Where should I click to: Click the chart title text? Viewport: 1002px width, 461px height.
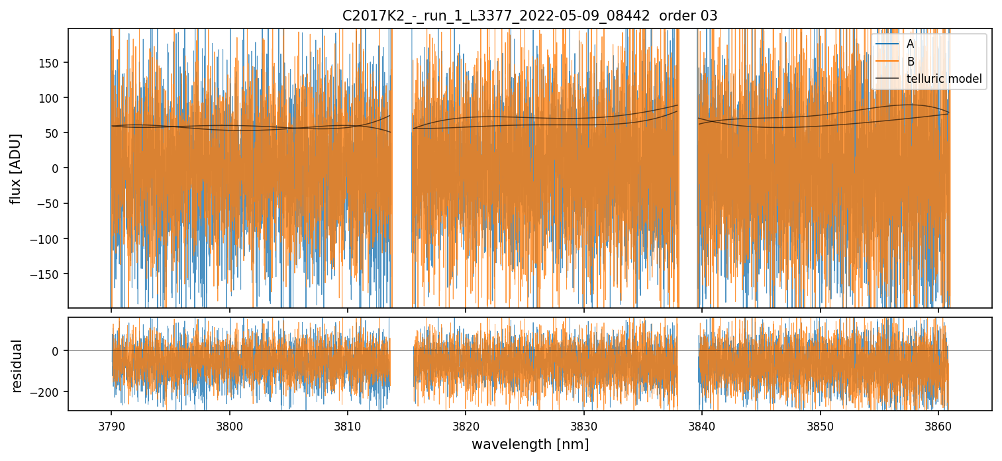pos(529,16)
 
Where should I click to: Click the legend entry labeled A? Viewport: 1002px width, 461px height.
pos(910,44)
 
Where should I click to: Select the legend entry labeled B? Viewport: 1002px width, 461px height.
pos(910,62)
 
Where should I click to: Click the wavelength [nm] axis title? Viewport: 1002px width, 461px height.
pos(529,444)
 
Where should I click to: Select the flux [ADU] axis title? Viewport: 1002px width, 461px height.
pos(16,168)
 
